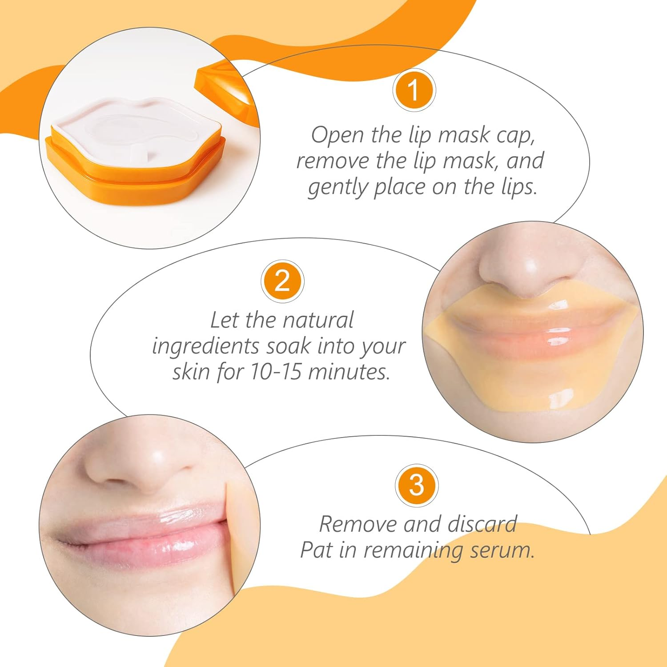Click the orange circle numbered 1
414,90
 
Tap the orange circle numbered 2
282,281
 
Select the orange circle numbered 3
417,485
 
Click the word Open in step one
337,135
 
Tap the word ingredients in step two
205,347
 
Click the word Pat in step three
316,550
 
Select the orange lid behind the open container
227,89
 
